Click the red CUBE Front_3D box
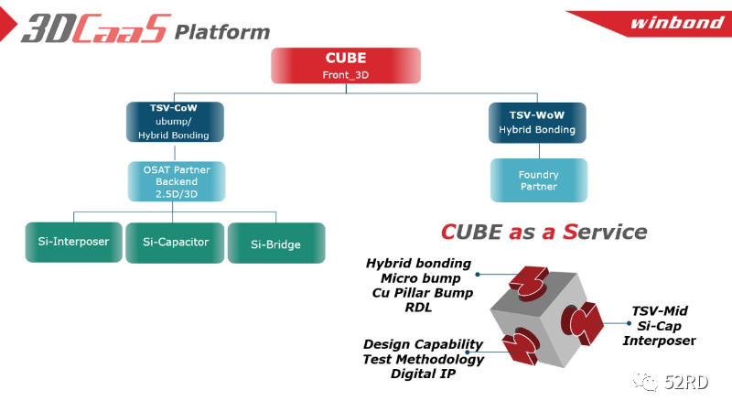346,65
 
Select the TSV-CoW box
175,122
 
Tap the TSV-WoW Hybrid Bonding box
537,123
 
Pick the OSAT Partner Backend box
177,181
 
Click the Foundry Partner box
539,180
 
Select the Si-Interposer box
74,242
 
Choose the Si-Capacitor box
175,243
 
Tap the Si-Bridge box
276,243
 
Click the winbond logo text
677,22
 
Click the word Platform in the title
222,32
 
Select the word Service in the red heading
605,232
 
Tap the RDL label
418,308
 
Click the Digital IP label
423,374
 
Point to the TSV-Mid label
660,311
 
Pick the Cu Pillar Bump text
423,293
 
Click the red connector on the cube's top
529,281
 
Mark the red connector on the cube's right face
582,323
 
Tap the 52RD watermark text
686,382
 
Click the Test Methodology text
424,359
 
